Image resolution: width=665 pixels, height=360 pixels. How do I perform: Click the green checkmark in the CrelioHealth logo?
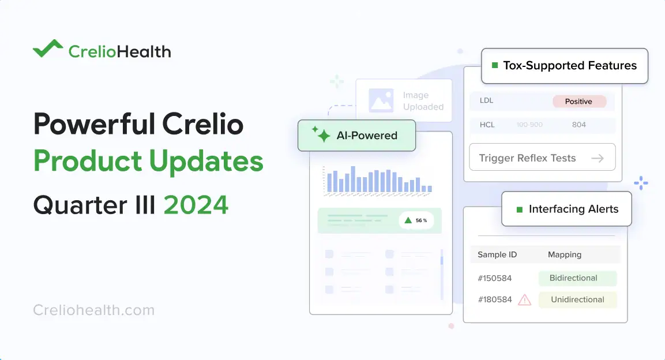47,50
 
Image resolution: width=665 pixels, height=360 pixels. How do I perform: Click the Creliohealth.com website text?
94,310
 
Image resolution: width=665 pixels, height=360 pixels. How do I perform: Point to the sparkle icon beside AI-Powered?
321,135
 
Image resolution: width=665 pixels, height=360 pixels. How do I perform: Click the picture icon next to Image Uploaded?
381,100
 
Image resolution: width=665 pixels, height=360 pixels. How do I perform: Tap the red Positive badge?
579,102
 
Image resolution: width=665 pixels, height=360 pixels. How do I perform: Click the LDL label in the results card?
486,101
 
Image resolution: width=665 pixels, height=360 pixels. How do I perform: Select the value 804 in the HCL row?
579,125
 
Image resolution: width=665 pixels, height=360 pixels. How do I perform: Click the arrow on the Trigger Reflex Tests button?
598,158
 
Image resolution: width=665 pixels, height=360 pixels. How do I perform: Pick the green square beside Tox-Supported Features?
494,66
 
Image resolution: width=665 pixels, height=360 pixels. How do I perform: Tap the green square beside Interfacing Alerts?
519,209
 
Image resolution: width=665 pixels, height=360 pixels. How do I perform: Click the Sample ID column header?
497,254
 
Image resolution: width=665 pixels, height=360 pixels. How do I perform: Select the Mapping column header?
564,254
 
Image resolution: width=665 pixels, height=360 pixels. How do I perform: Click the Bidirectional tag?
577,278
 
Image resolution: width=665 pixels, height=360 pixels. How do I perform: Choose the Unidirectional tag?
577,299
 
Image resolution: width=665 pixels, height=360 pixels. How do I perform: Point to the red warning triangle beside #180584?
524,299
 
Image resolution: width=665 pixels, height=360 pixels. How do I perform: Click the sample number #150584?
494,278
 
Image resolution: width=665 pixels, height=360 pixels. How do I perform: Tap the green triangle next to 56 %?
408,220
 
